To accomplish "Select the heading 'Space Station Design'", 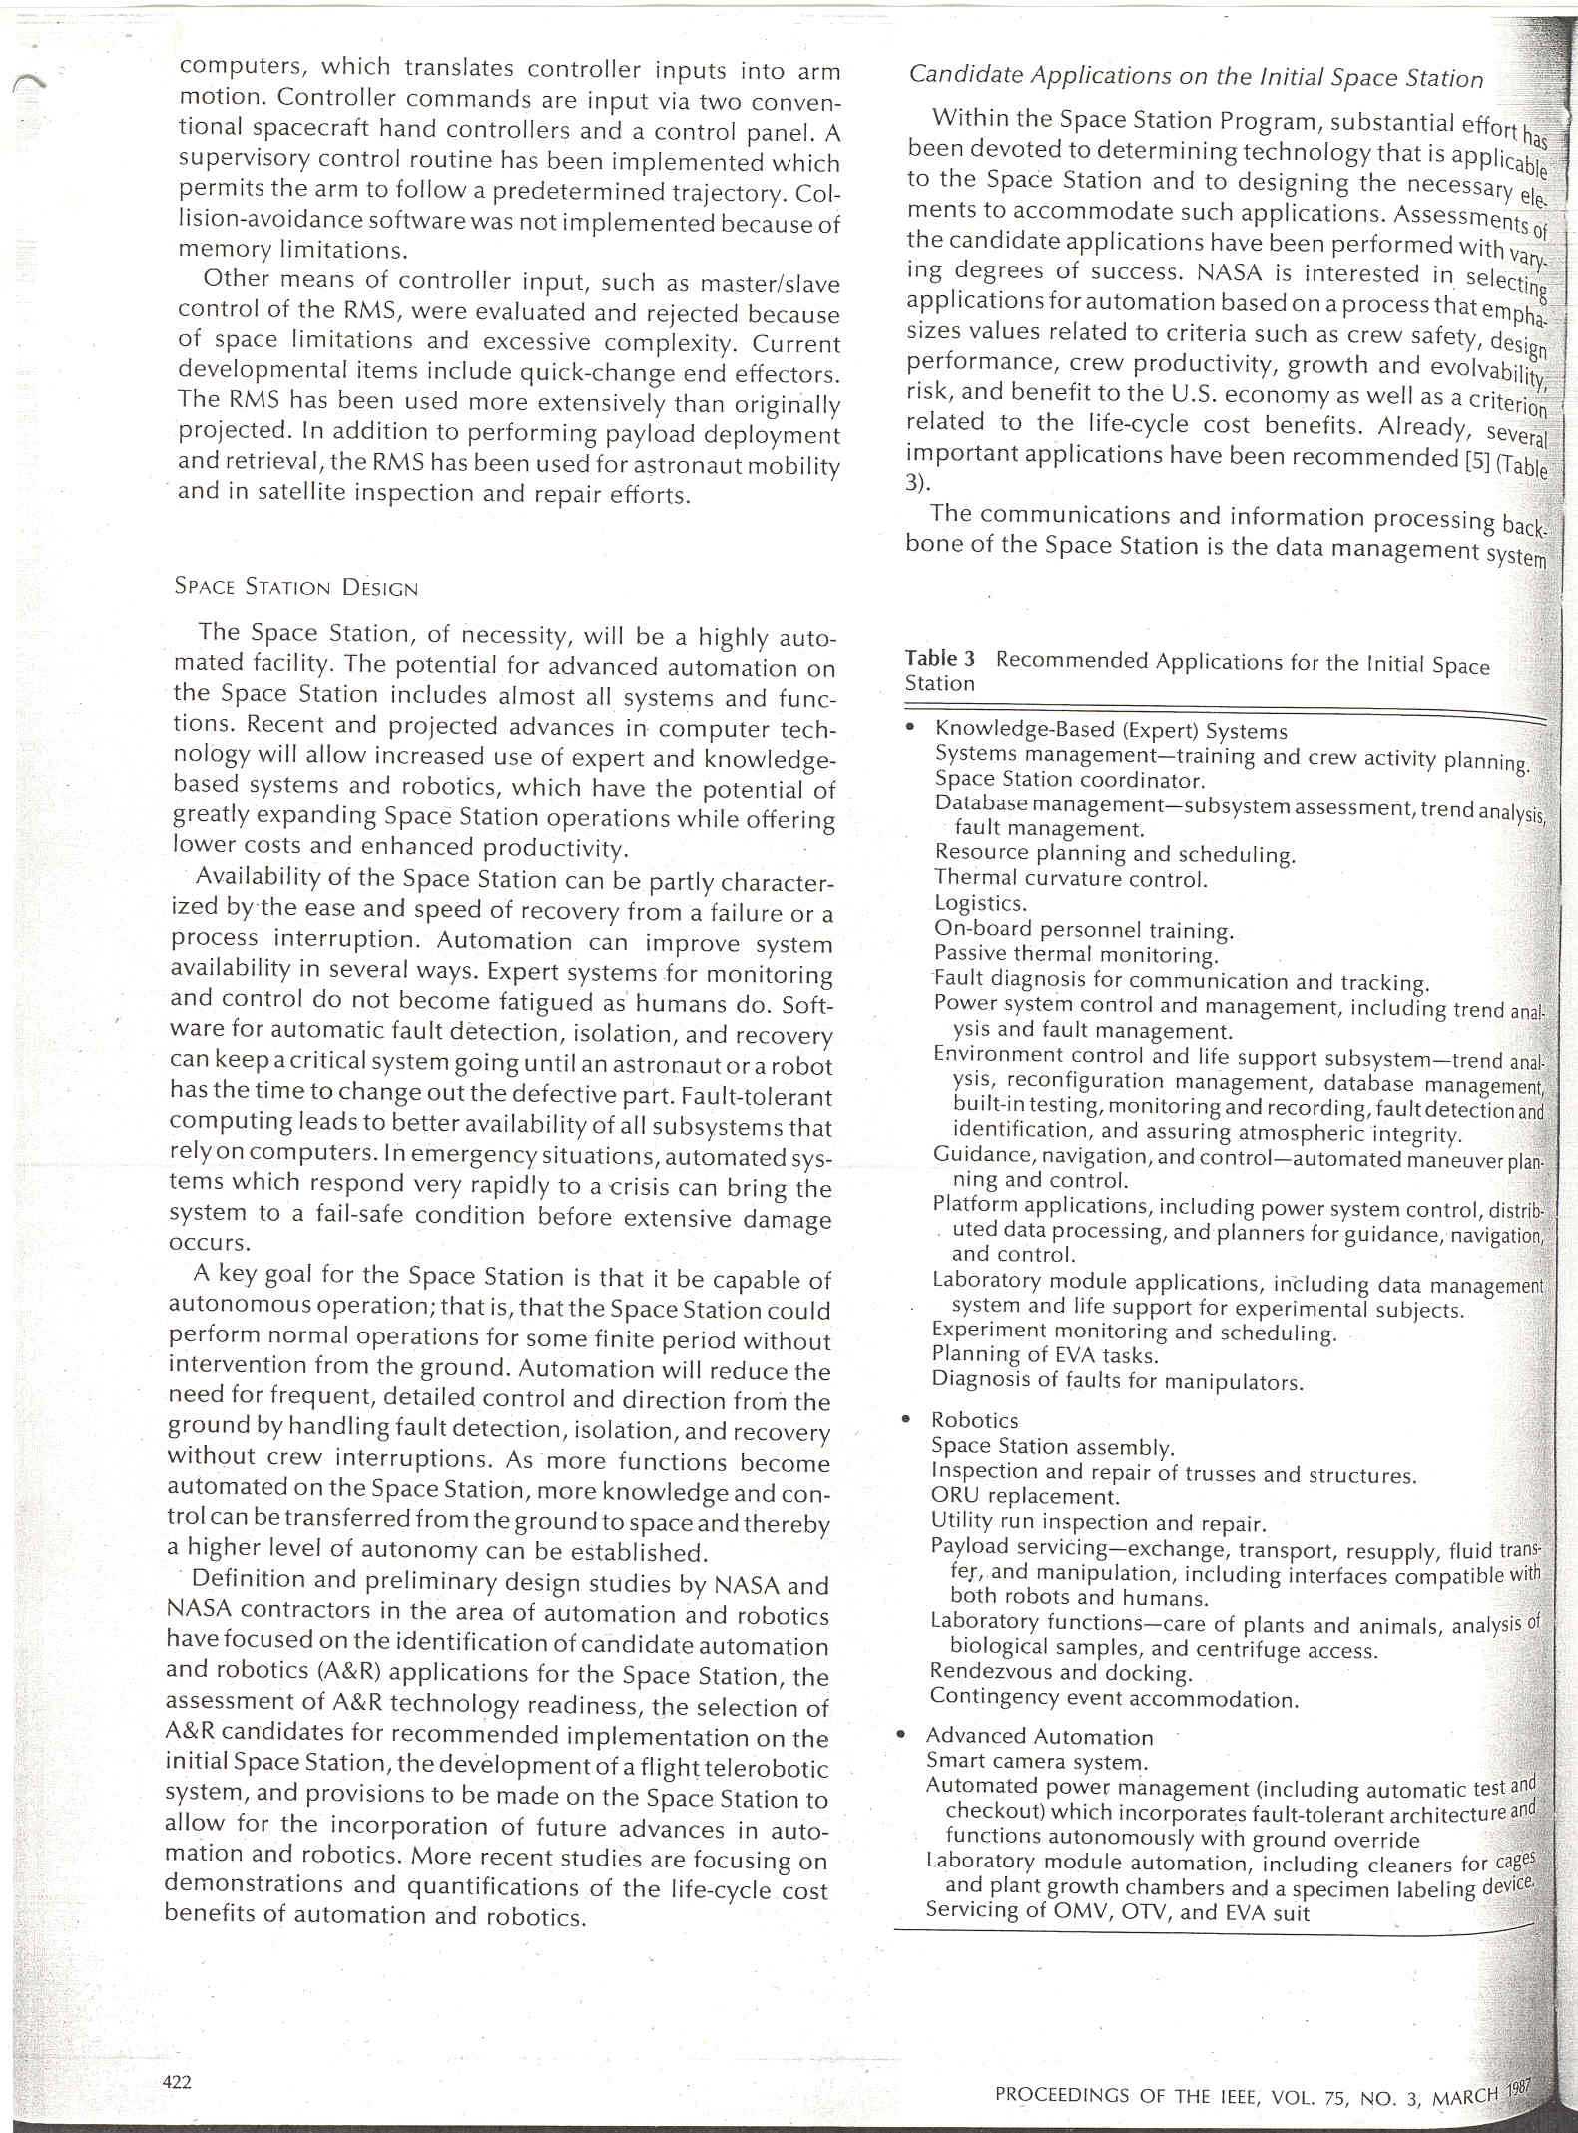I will coord(295,587).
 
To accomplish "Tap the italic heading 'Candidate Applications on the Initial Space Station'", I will coord(1196,77).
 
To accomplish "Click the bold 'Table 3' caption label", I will coord(939,659).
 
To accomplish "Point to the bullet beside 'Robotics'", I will coord(905,1418).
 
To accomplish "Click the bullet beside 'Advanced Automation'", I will coord(902,1735).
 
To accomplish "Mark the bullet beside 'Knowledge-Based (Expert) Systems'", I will coord(909,728).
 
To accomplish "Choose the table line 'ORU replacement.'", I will coord(1025,1496).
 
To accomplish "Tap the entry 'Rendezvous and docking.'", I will coord(1061,1672).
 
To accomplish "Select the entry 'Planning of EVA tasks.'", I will coord(1045,1355).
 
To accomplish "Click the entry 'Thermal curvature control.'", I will coord(1070,879).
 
